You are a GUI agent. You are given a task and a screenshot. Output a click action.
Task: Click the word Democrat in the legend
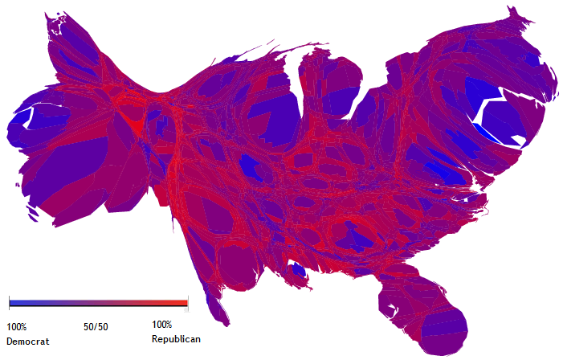coord(27,342)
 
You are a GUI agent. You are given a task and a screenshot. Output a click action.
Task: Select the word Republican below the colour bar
coord(176,339)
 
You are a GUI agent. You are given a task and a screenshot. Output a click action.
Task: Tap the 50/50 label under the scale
coord(96,327)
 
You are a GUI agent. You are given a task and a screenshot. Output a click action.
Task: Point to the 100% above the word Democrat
coord(16,326)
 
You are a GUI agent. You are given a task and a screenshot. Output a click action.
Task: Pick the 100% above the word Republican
coord(161,325)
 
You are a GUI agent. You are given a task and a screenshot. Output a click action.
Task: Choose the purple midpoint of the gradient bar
coord(98,303)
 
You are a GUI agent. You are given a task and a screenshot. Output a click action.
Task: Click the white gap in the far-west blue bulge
coord(29,117)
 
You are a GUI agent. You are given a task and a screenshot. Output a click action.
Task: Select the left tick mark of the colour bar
coord(9,303)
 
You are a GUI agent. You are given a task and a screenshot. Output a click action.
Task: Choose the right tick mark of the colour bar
coord(188,303)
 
